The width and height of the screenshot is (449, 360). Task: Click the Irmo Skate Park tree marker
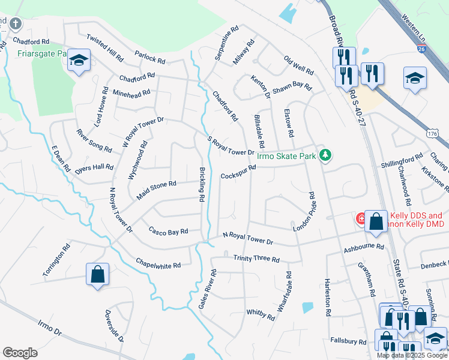click(x=325, y=155)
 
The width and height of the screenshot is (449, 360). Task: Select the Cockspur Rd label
click(x=238, y=172)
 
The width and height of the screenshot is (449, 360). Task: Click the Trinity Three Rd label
click(x=256, y=259)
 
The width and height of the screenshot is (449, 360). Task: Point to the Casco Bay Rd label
click(x=169, y=231)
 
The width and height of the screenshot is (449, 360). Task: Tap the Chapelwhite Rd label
click(x=158, y=265)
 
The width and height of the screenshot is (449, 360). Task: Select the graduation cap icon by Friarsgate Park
click(x=79, y=60)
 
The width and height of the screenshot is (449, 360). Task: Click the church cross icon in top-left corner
click(x=16, y=24)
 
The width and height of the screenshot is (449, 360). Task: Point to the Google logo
click(x=20, y=353)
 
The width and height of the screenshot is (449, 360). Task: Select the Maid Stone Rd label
click(x=156, y=191)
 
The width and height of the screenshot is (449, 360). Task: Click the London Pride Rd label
click(x=304, y=212)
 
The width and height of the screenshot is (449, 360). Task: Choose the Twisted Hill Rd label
click(x=105, y=48)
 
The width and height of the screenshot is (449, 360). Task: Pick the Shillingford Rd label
click(x=402, y=161)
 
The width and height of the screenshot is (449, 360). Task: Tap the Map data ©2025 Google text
click(x=412, y=355)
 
